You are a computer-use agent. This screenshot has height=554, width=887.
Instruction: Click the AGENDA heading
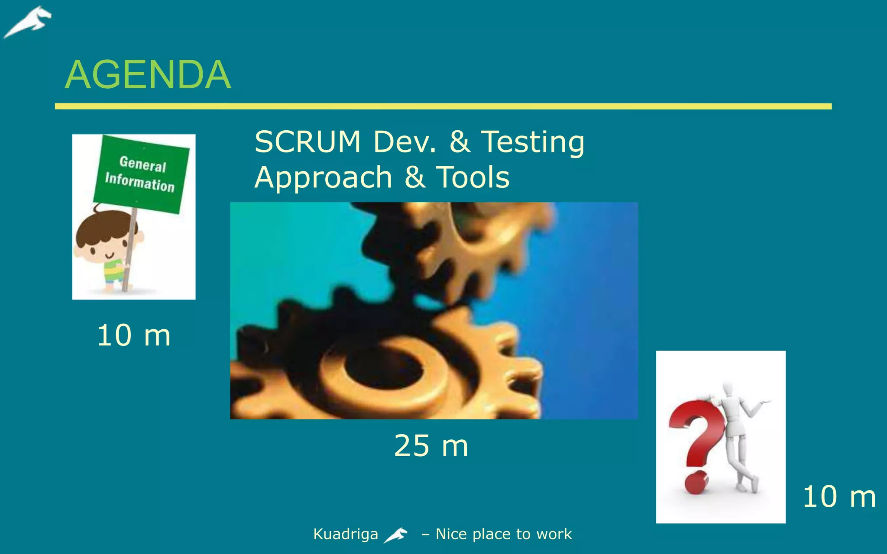(148, 75)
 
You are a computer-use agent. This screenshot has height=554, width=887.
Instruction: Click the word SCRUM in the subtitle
(308, 142)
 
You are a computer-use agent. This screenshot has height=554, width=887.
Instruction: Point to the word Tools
(473, 177)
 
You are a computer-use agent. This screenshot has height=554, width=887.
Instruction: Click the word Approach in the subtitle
(323, 177)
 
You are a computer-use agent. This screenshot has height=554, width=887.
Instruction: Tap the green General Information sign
(141, 174)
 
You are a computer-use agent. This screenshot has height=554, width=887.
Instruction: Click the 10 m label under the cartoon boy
(134, 335)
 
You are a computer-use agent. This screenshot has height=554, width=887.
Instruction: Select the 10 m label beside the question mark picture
(839, 496)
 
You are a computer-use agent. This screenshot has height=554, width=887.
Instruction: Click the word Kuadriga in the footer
(345, 534)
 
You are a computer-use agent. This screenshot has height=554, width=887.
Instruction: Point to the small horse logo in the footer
(396, 535)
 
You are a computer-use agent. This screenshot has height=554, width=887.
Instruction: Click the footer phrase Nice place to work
(504, 534)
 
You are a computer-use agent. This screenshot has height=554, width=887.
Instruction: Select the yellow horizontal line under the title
(443, 106)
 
